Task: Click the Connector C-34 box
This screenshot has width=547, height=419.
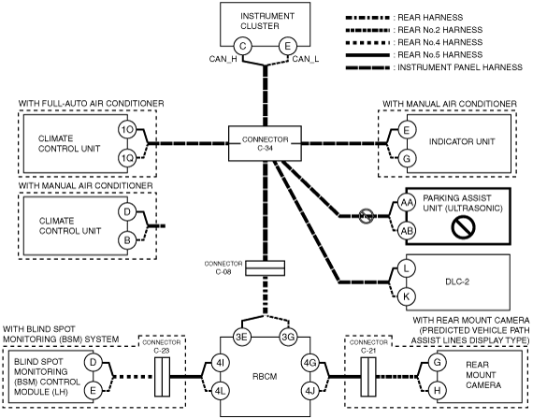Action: (265, 143)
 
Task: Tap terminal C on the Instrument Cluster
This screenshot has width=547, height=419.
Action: (242, 46)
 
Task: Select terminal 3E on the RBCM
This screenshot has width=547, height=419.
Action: (242, 337)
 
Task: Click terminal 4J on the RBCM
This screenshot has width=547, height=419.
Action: (310, 391)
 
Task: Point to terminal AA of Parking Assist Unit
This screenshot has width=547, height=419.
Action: (407, 202)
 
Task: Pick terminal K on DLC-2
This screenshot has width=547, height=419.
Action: (406, 296)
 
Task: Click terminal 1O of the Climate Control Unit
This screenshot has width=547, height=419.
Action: (127, 130)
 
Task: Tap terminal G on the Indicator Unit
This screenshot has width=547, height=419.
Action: (407, 158)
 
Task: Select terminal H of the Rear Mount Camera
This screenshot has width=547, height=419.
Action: (437, 390)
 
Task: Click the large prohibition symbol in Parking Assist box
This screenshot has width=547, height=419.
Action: (463, 226)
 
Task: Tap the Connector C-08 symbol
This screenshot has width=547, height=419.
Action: (266, 267)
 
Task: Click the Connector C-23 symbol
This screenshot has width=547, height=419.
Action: (162, 377)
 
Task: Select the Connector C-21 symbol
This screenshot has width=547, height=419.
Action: (368, 377)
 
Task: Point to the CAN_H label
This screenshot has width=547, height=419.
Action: (223, 59)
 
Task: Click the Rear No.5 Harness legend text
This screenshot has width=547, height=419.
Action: (439, 55)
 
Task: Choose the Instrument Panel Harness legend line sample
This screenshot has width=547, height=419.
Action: (367, 67)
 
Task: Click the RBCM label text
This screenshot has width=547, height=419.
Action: (265, 377)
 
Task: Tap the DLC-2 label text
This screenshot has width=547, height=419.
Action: (457, 282)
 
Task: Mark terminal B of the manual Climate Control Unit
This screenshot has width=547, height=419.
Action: (127, 240)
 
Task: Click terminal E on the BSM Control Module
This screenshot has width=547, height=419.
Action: (93, 390)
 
